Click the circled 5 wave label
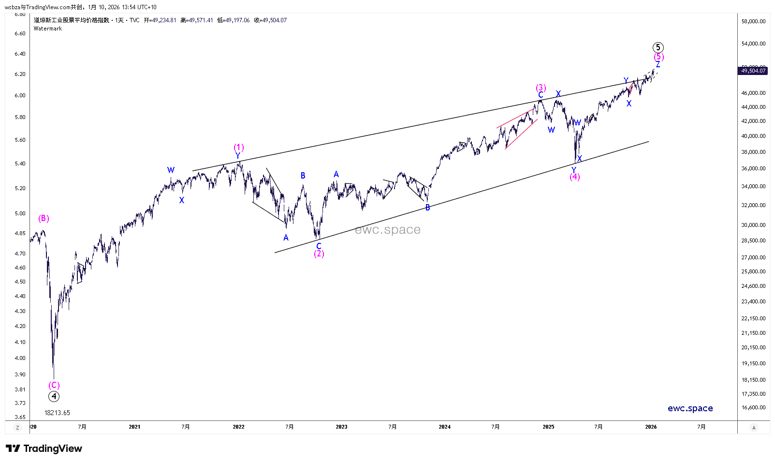pos(658,47)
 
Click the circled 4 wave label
pos(54,396)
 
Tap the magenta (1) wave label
pos(238,147)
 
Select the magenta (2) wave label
pos(319,254)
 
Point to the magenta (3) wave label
pos(541,88)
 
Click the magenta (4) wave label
pos(574,177)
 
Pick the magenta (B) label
pos(44,218)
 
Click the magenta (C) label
pos(54,385)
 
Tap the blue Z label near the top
pos(658,64)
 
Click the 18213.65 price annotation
pos(57,413)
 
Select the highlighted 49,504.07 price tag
pos(753,71)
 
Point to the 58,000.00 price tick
pos(753,21)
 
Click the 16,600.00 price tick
pos(753,407)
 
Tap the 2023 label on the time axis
pos(341,427)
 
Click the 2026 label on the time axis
pos(651,427)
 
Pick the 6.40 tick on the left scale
pos(20,54)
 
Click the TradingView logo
pos(44,448)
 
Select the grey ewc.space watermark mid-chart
pos(387,230)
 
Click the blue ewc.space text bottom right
pos(690,408)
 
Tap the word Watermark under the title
pos(48,29)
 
